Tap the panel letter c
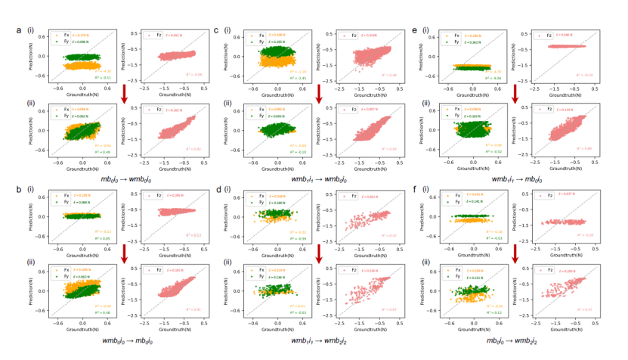click(217, 31)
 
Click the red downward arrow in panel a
click(124, 93)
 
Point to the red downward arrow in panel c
click(320, 93)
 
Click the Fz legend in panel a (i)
click(155, 35)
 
